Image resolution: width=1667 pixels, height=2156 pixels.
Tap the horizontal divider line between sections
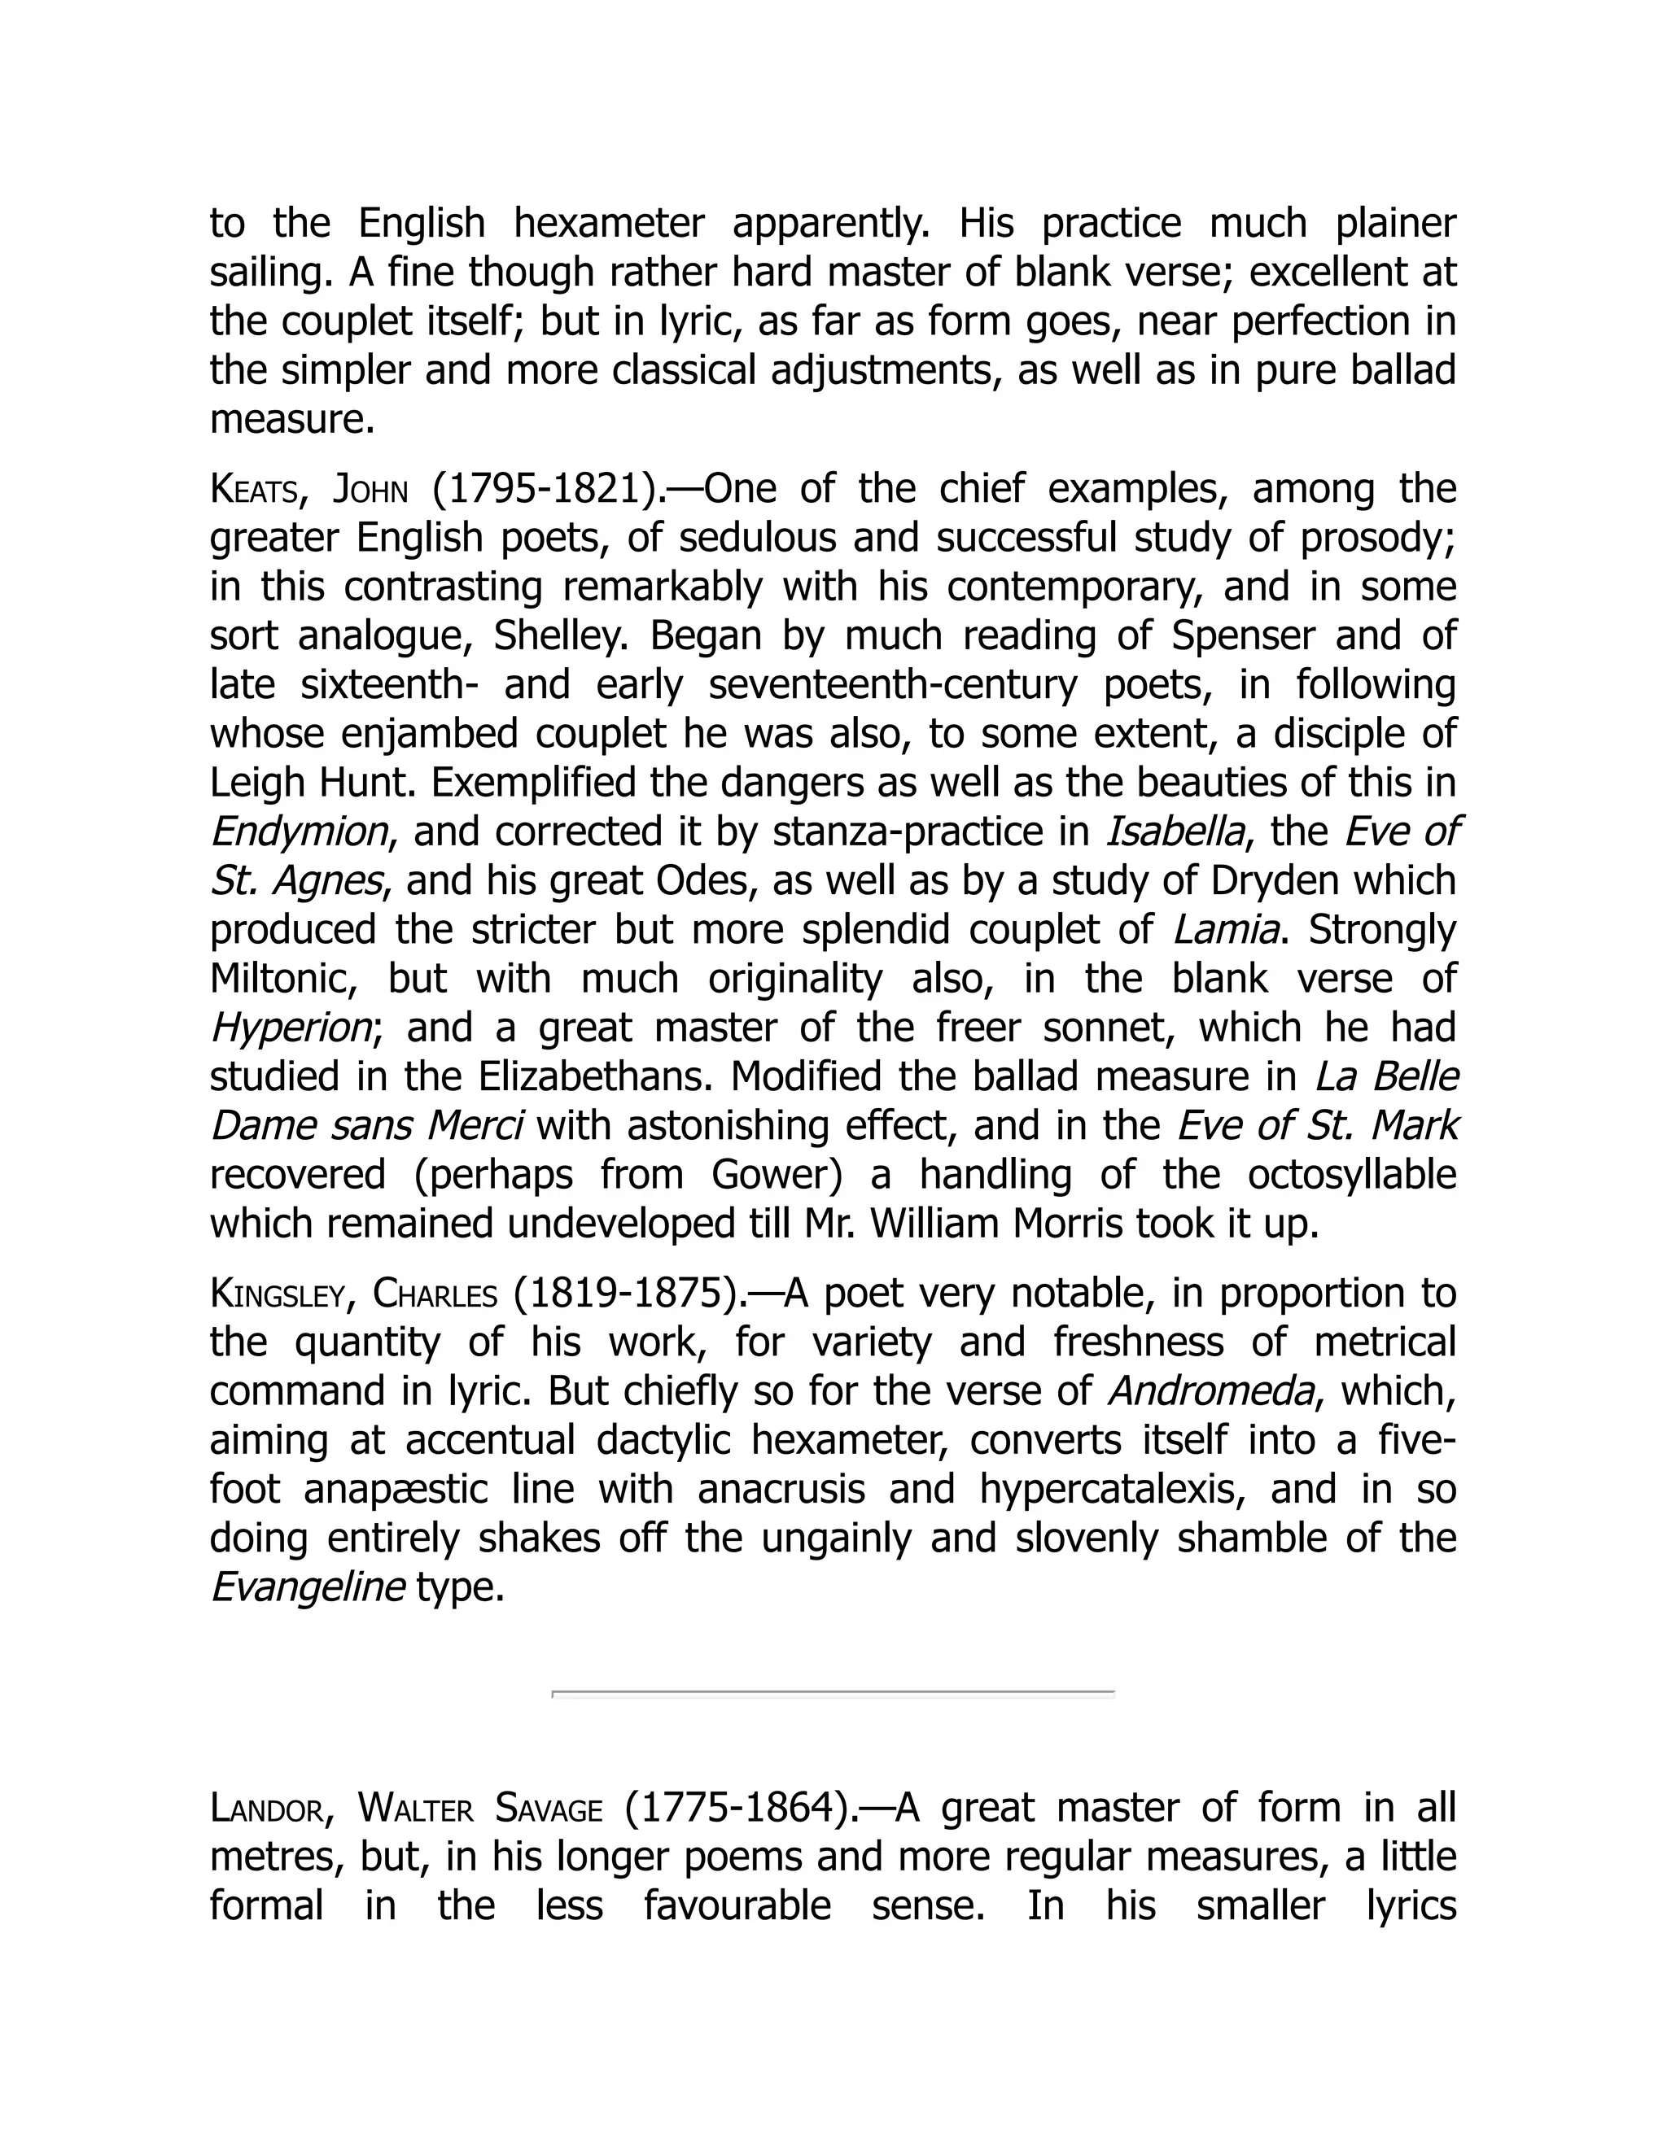pyautogui.click(x=833, y=1693)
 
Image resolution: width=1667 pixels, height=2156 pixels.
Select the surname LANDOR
pyautogui.click(x=267, y=1809)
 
